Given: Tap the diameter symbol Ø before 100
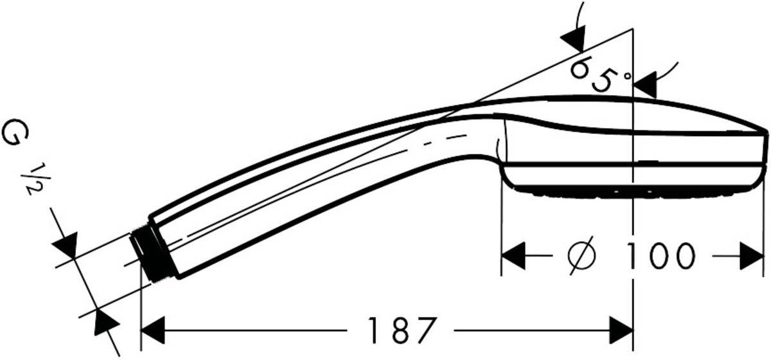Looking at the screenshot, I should click(x=582, y=256).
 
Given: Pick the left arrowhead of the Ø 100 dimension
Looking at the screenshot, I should click(x=513, y=256).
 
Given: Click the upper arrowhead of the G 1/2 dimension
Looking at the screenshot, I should click(x=66, y=244).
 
